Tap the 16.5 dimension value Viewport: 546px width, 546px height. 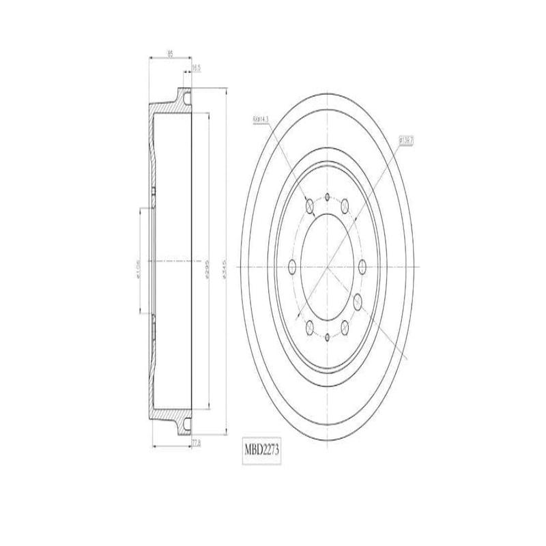coord(196,68)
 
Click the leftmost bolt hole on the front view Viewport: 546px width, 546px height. coord(293,267)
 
